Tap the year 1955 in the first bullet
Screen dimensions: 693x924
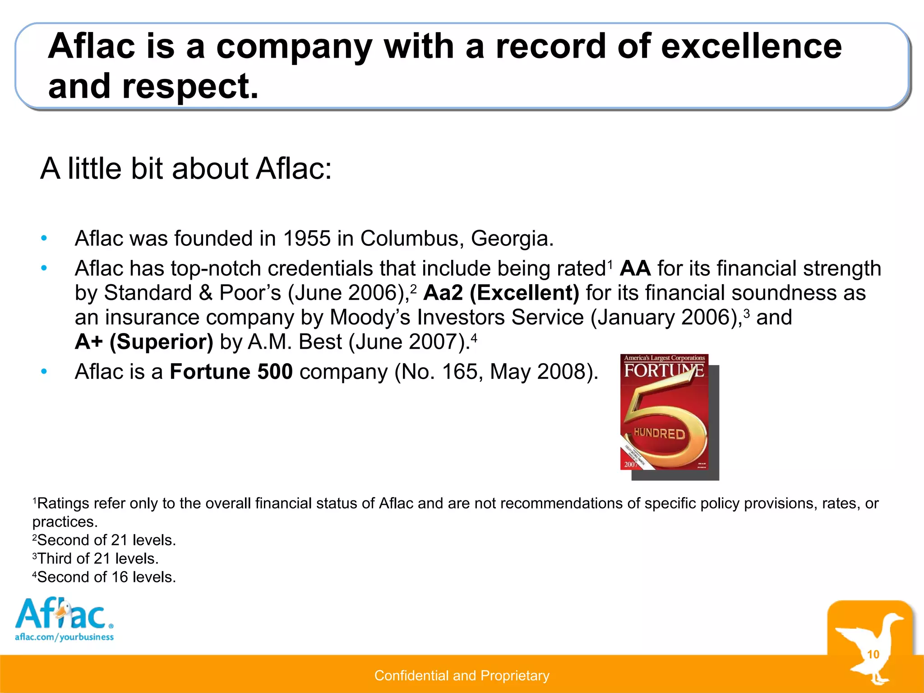coord(307,238)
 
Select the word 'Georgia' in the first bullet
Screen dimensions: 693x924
coord(512,238)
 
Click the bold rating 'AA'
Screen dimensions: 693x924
coord(635,268)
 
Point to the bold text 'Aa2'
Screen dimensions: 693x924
coord(443,293)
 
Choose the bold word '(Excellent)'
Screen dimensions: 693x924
coord(524,293)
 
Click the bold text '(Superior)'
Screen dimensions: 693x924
coord(161,342)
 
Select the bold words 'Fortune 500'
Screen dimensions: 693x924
coord(231,372)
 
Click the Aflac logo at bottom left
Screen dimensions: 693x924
coord(63,614)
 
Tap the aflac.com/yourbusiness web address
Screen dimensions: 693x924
coord(64,637)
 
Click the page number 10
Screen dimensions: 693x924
coord(873,654)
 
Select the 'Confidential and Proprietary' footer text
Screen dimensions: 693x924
coord(462,675)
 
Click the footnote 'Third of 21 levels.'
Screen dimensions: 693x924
coord(96,559)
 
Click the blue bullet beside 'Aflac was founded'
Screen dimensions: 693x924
coord(44,238)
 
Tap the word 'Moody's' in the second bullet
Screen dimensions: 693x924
coord(370,317)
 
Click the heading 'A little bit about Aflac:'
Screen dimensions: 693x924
coord(186,169)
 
